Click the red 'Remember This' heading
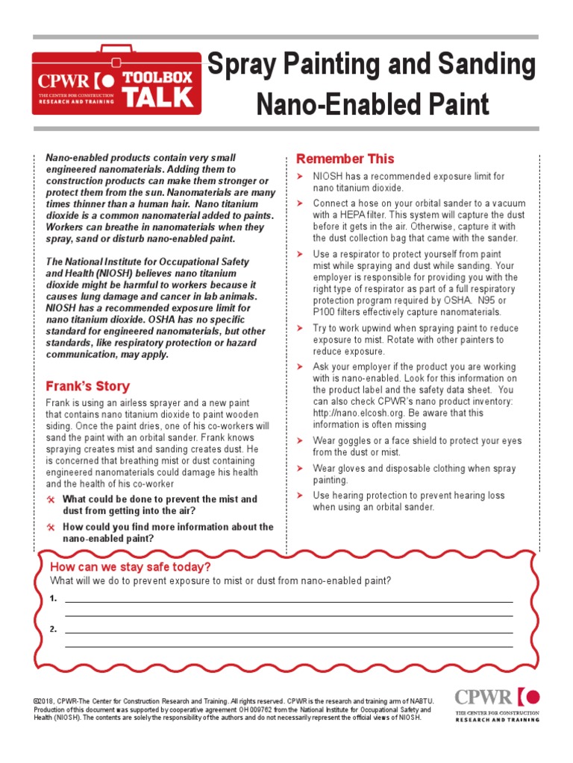[x=345, y=159]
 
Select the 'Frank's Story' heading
[x=87, y=386]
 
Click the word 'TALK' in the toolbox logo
[x=158, y=97]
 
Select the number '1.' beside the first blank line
[x=53, y=598]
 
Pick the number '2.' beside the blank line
[x=53, y=629]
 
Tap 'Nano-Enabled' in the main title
[x=336, y=104]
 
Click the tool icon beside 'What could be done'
[x=51, y=499]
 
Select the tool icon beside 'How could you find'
[x=51, y=527]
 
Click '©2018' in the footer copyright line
[x=43, y=701]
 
